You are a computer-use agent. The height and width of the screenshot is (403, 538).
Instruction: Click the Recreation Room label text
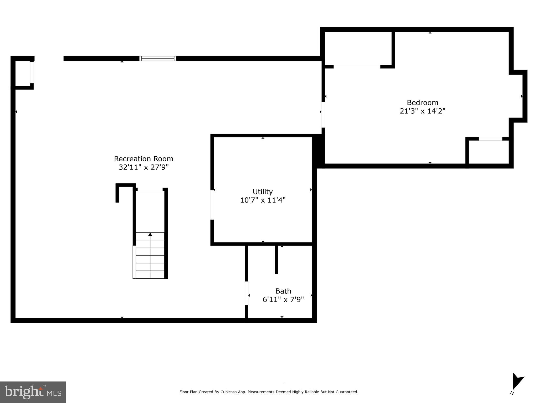(x=144, y=159)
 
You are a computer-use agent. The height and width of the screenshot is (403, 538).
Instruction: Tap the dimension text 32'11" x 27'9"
(x=144, y=167)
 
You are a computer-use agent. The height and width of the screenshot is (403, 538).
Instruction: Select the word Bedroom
(x=422, y=102)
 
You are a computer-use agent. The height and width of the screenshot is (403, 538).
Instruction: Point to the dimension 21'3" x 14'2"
(x=422, y=111)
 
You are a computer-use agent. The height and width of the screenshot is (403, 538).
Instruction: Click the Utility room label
(x=263, y=192)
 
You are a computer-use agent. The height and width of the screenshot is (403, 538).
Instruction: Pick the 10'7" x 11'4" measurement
(x=263, y=200)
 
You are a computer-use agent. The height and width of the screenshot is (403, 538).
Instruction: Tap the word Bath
(x=283, y=291)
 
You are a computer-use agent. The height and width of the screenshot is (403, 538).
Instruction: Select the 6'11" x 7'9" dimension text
(x=283, y=299)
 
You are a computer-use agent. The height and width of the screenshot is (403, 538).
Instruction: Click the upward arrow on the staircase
(x=150, y=234)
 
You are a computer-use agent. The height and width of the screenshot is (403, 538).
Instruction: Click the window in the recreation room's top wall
(x=158, y=59)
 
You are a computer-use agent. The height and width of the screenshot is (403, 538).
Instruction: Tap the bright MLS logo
(x=33, y=392)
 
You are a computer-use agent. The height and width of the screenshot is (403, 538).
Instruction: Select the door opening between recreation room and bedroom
(x=323, y=115)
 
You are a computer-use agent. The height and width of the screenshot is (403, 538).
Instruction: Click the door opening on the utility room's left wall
(x=212, y=205)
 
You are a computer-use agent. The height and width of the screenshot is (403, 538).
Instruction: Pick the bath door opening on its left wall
(x=247, y=293)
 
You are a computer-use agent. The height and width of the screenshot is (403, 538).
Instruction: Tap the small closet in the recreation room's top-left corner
(x=23, y=73)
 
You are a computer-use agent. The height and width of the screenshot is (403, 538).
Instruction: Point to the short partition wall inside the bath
(x=276, y=259)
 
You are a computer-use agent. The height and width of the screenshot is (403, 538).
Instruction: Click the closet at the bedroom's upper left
(x=358, y=49)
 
